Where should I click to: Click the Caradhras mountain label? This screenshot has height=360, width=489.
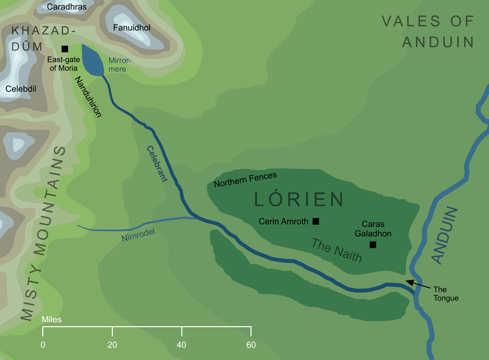[67, 7]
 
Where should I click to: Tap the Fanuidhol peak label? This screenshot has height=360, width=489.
[132, 28]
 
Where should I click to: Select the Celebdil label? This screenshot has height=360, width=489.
[21, 89]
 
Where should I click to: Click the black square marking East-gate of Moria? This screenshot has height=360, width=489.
[65, 49]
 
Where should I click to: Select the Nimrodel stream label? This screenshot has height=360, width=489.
[138, 234]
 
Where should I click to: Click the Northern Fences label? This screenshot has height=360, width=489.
[245, 180]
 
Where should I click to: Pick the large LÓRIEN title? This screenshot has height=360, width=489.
[299, 199]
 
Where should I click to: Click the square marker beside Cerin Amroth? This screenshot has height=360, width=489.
[316, 221]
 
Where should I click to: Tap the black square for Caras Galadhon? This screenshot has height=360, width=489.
[373, 245]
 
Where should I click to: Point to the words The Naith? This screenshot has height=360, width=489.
[336, 250]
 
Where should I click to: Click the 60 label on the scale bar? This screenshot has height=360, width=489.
[251, 345]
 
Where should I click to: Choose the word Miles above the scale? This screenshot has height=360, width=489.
[52, 319]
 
